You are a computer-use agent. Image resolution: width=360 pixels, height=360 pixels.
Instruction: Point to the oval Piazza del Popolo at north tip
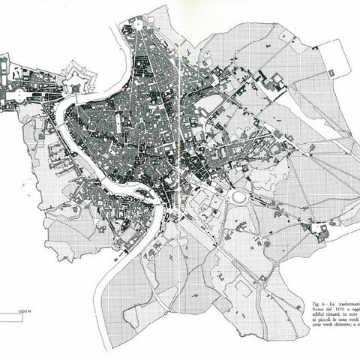(138, 24)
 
